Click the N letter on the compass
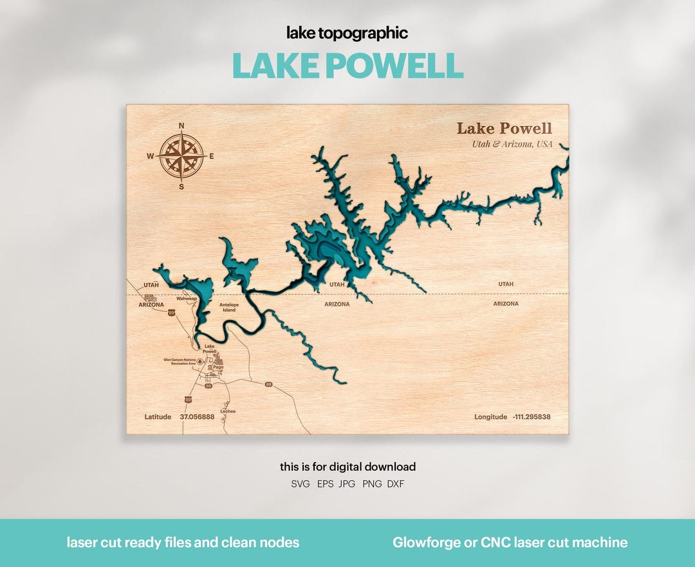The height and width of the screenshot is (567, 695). tap(181, 126)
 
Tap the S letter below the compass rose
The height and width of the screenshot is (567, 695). tap(181, 187)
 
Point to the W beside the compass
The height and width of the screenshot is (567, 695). tap(150, 156)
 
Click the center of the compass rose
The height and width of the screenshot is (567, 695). tap(181, 156)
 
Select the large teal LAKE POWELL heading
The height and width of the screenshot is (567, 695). tap(347, 65)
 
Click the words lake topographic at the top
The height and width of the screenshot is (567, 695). tap(347, 33)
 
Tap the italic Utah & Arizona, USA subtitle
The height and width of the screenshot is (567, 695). tap(512, 144)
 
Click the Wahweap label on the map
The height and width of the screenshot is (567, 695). tap(187, 299)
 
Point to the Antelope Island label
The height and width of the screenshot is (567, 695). tap(229, 307)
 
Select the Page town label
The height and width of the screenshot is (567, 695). tap(218, 367)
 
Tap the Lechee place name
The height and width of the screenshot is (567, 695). tap(228, 411)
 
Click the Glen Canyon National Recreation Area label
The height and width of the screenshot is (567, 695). tap(180, 361)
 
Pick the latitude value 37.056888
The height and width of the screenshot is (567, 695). tap(197, 417)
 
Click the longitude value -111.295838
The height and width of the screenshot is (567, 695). tap(532, 417)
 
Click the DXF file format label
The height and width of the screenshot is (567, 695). tap(396, 484)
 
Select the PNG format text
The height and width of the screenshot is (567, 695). tap(371, 484)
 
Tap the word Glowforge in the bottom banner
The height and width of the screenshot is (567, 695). tap(426, 543)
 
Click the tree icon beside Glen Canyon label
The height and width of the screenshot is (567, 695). tap(200, 361)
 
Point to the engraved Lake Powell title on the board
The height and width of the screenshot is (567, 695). tap(505, 128)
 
